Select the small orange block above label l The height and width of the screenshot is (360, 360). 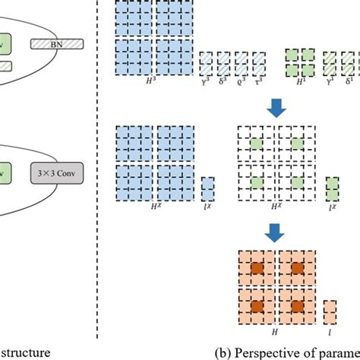coord(330,311)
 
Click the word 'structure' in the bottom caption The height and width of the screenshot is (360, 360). coord(29,352)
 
